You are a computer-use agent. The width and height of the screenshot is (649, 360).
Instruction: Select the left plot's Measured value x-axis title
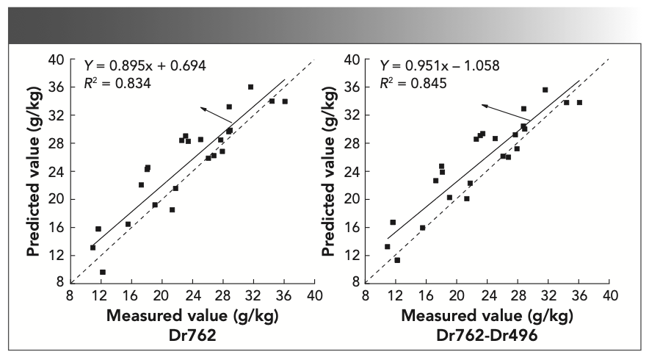(x=192, y=317)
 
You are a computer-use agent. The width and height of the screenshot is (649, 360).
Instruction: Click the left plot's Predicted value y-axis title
(x=34, y=169)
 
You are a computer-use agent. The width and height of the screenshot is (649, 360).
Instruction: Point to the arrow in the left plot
(x=216, y=115)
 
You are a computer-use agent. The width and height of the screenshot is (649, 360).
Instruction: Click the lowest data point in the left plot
(x=103, y=273)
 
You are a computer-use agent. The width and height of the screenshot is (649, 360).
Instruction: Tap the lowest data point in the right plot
(x=397, y=260)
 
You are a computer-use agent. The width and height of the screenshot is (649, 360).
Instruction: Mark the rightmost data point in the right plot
(x=579, y=102)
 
